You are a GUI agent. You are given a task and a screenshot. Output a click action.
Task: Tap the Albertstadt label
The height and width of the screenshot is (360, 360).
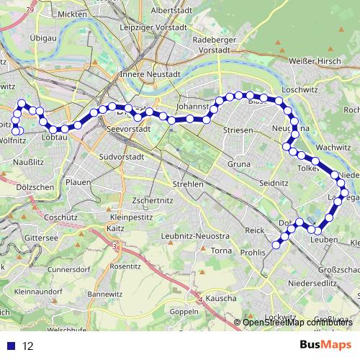[x=175, y=11]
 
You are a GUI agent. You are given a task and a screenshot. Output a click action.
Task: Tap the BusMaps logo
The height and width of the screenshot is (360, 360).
[x=326, y=346]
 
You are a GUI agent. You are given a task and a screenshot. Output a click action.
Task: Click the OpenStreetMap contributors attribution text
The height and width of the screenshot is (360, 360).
[x=298, y=322]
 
